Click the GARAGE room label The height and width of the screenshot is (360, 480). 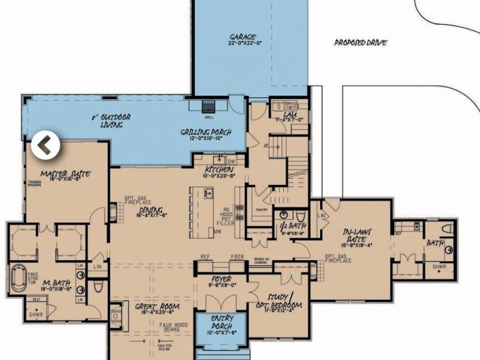[243, 37]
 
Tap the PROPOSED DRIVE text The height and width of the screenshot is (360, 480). [360, 43]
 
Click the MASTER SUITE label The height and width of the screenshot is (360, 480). [65, 174]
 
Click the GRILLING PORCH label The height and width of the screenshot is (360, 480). [205, 132]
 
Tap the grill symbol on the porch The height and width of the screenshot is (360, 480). [208, 105]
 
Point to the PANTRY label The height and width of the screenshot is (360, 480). [261, 210]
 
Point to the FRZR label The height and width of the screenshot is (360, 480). [237, 257]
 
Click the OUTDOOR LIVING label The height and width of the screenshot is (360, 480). [111, 121]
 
